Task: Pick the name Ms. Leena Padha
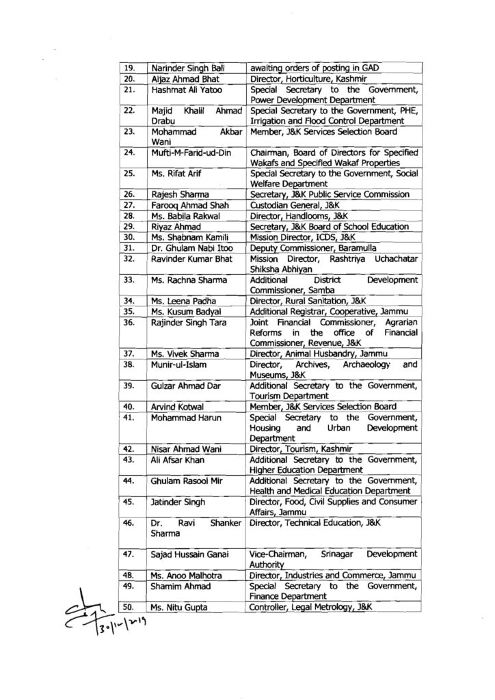point(179,299)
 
